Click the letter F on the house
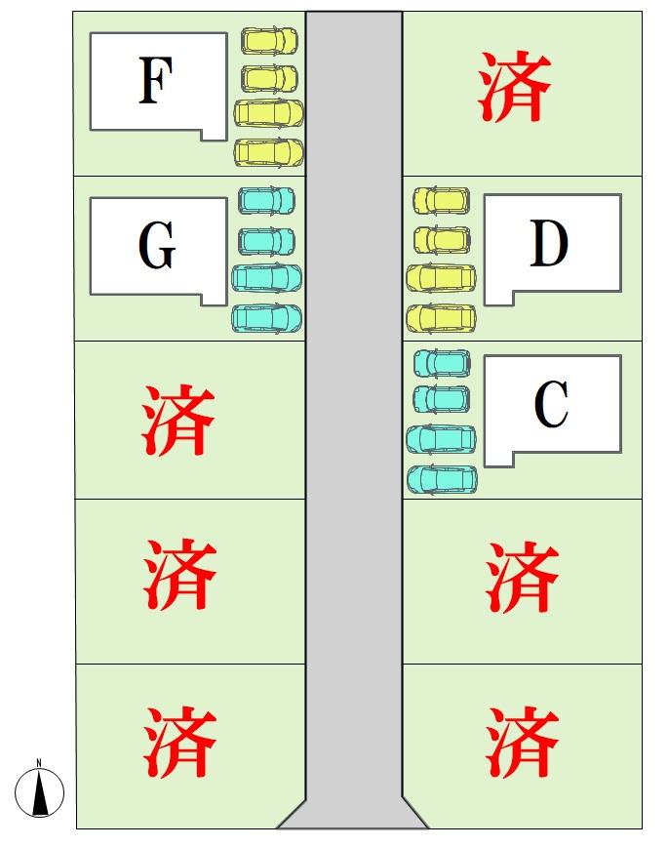[156, 80]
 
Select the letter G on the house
[157, 245]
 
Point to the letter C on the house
[551, 404]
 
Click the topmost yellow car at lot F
[269, 41]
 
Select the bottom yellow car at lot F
[269, 152]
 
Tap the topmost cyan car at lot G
[267, 200]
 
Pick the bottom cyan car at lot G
[267, 318]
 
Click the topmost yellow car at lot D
[441, 201]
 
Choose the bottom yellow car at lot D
[441, 318]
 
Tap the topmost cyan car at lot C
[442, 363]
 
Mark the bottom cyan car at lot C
[442, 480]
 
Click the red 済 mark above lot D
[514, 87]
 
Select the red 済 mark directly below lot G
[178, 420]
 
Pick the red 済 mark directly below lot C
[522, 578]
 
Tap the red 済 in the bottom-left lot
[179, 742]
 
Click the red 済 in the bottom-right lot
[522, 742]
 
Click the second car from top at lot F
[269, 78]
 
